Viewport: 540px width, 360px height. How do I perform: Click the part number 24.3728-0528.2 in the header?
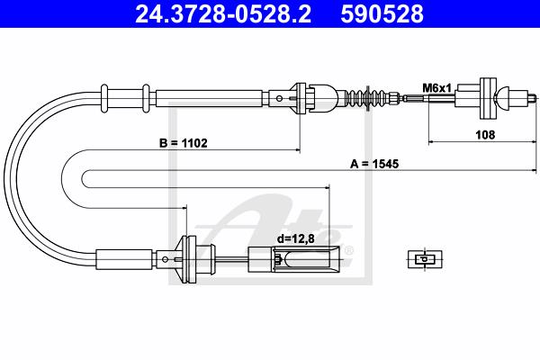(223, 13)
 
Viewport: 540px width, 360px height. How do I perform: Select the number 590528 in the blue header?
(382, 13)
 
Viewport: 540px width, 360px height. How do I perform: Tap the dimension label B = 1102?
(184, 142)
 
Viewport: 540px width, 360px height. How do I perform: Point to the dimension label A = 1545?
(374, 164)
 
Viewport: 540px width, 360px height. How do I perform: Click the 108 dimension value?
(485, 135)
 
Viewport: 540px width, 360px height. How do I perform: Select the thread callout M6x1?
(436, 88)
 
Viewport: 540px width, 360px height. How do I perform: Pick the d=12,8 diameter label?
(296, 238)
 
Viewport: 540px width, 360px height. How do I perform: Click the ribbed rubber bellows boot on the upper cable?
(367, 98)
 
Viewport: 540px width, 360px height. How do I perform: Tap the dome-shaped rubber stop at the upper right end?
(501, 98)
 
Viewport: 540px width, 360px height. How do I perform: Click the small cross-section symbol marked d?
(425, 259)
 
